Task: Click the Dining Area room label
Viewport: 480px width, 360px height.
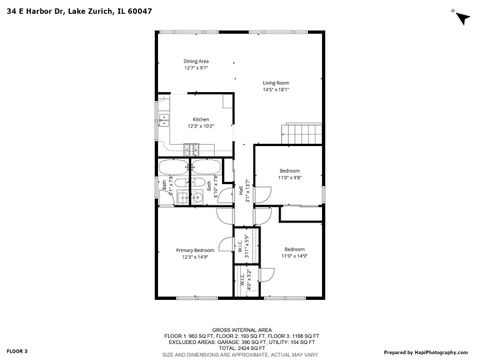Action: point(195,61)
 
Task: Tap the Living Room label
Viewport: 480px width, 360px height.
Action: point(276,82)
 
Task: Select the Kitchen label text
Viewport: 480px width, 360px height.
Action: point(201,119)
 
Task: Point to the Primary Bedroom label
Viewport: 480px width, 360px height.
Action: point(195,249)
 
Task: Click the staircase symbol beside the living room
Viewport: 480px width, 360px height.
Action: point(303,133)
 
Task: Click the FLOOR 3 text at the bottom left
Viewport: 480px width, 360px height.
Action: point(19,352)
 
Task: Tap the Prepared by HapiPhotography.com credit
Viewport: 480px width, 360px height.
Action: point(427,352)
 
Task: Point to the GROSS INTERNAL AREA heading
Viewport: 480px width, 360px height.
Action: point(239,327)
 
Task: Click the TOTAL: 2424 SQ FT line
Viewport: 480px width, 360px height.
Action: point(240,345)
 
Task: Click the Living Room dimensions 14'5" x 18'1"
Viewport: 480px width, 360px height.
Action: point(276,89)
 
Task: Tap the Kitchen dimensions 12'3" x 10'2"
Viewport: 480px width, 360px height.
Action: point(201,126)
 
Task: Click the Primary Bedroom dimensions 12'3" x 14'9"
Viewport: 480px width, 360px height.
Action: point(195,257)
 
